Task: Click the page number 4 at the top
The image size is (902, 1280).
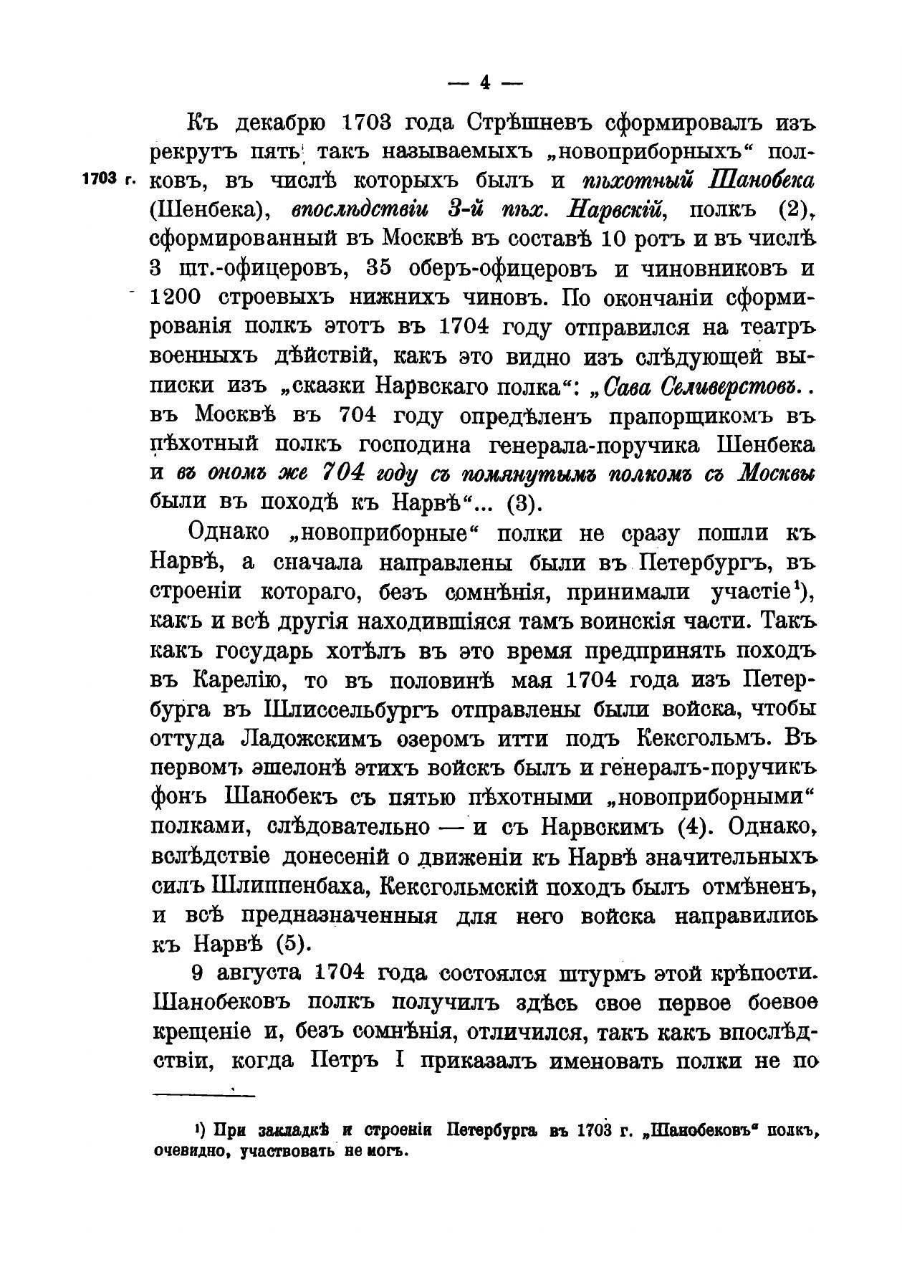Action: (x=485, y=83)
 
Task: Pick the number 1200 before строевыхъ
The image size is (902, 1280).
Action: (x=178, y=297)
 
